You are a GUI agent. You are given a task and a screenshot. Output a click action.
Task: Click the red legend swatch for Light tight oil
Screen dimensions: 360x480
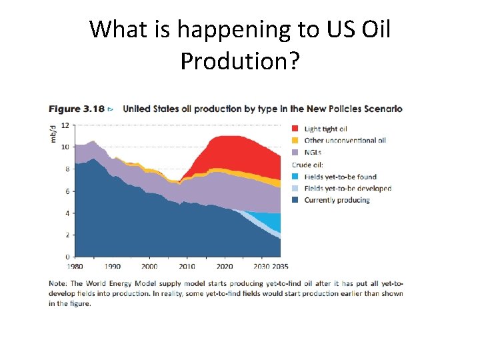295,129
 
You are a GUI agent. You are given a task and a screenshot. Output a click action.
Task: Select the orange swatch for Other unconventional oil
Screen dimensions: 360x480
295,141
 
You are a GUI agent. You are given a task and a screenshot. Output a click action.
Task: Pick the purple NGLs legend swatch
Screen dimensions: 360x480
295,152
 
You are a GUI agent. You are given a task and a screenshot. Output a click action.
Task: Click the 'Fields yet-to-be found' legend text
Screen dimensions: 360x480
340,177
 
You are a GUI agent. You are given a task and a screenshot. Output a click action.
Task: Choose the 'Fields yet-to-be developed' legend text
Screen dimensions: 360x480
347,189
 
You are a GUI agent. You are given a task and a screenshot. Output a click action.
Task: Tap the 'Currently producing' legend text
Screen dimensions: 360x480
337,200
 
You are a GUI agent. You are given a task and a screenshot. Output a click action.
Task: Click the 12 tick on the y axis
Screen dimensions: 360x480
65,125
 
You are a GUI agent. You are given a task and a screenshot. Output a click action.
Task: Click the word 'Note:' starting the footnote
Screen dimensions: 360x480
58,283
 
